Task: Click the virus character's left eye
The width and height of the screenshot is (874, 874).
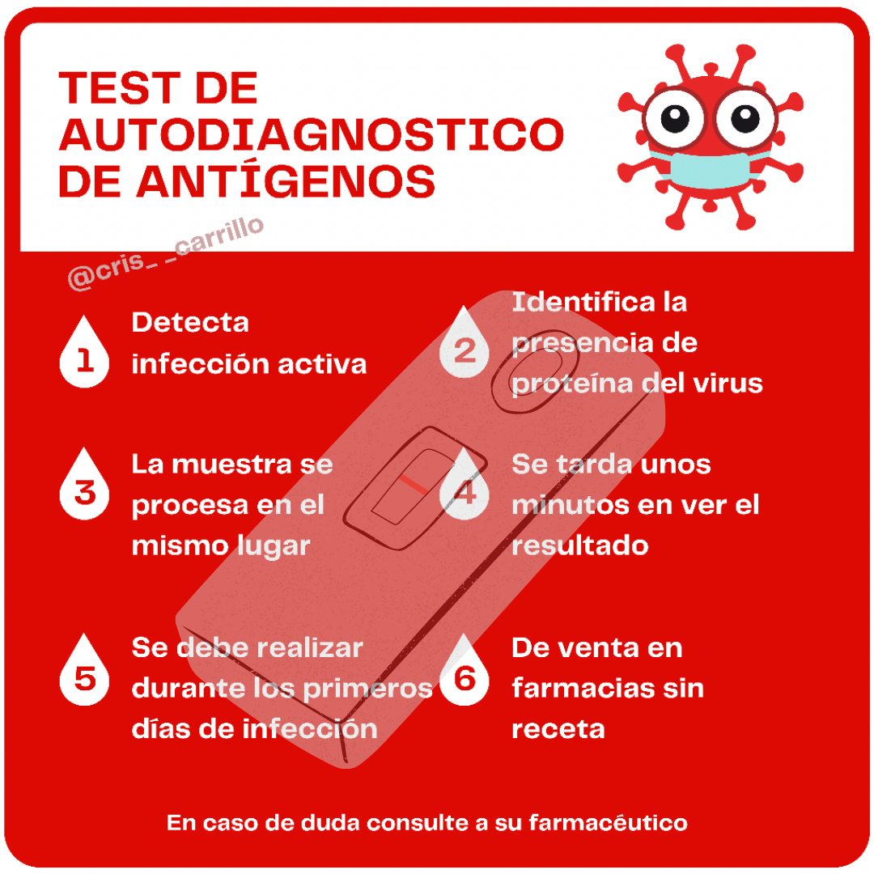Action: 674,119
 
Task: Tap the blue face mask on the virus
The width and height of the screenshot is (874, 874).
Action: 709,169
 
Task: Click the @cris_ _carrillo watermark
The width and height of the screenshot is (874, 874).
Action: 166,253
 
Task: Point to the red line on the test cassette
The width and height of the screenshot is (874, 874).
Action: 413,485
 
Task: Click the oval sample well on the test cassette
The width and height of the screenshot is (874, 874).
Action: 535,377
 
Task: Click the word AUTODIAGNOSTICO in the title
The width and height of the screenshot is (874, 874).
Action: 312,135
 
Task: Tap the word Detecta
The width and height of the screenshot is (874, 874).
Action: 190,322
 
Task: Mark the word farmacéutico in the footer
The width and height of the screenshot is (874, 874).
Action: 608,823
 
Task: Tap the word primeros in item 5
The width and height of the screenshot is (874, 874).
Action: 368,689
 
